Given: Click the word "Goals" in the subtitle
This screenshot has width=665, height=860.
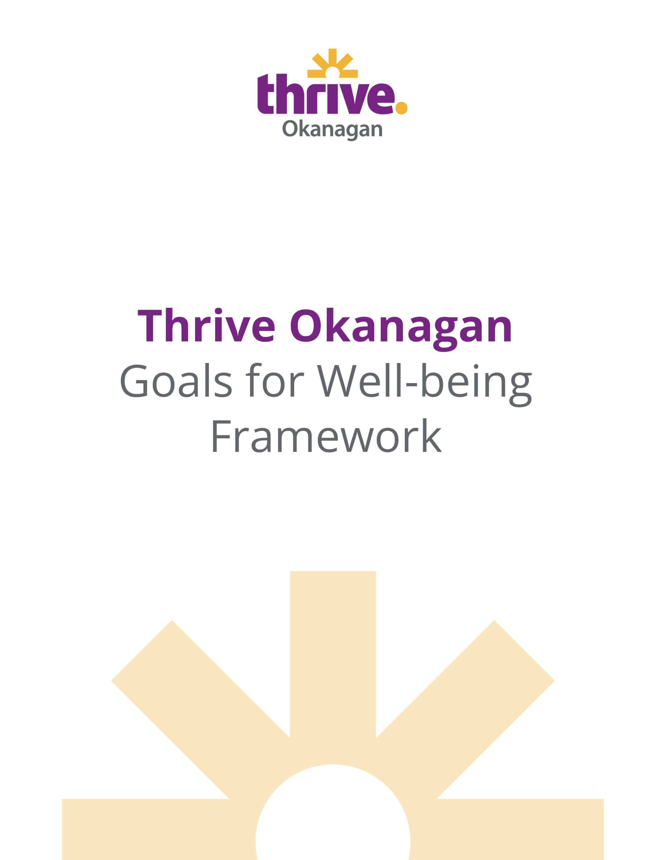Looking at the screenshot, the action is (176, 381).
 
